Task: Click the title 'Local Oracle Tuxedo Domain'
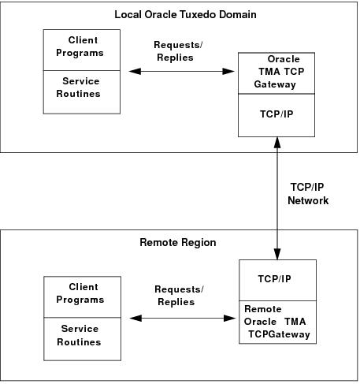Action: [x=180, y=14]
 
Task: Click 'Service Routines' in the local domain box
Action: [x=82, y=88]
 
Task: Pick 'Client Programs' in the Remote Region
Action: [x=82, y=293]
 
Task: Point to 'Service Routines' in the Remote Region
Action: [x=82, y=336]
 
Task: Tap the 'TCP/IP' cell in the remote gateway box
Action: [x=276, y=278]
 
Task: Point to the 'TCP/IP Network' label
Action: [x=308, y=194]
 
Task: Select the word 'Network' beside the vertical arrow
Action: [x=308, y=200]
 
